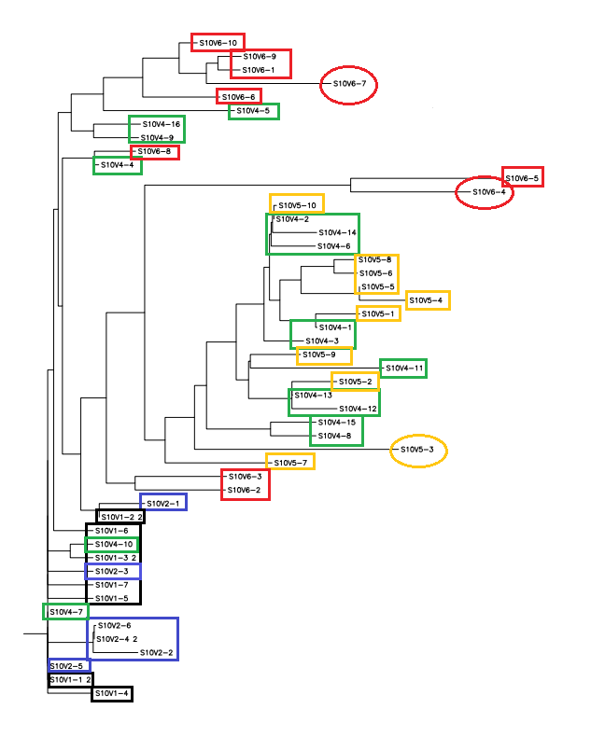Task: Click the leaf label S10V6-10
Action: [219, 43]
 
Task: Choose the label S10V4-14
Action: [337, 232]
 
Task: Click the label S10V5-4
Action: [428, 300]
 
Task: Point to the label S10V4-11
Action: [405, 368]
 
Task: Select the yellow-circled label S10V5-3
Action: [417, 451]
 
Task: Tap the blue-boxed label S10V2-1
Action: [163, 503]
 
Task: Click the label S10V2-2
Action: [156, 652]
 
